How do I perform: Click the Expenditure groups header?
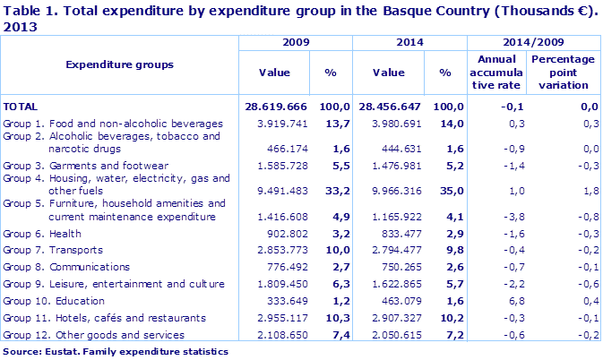pos(119,64)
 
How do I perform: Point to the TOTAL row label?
pos(22,107)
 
